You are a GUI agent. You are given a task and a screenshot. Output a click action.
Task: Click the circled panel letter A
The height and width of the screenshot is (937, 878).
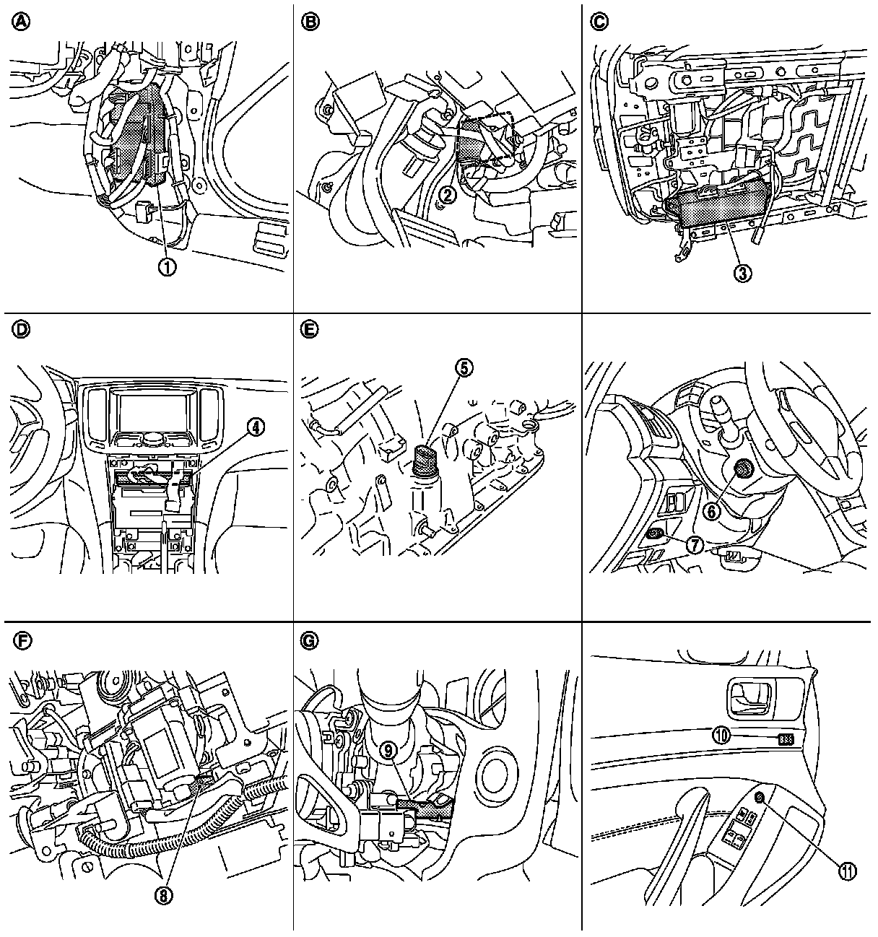[x=21, y=22]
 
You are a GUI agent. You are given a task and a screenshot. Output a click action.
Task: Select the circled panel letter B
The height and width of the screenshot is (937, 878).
[x=310, y=22]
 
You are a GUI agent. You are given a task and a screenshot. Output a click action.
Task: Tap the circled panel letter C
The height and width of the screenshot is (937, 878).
[x=599, y=22]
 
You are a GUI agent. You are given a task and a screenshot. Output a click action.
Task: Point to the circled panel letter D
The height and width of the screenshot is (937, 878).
[x=21, y=331]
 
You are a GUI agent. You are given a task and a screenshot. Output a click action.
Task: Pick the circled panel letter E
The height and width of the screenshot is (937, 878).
[x=310, y=331]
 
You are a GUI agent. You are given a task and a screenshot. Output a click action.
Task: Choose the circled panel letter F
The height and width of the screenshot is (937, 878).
[x=21, y=640]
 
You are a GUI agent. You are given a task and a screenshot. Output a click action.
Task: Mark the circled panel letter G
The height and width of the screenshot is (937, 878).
[x=310, y=640]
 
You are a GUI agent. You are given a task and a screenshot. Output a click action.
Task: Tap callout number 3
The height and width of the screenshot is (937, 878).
[x=742, y=271]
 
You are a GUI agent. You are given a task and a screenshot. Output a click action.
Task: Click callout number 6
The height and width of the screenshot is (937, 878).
[x=712, y=511]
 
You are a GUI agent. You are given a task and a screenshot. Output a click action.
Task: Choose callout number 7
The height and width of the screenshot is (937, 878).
[x=694, y=546]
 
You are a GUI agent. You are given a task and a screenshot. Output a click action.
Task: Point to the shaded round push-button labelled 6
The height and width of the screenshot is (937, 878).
[x=744, y=471]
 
